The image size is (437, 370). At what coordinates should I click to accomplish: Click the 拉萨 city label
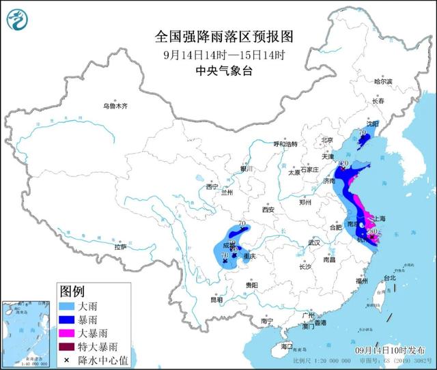tap(120, 247)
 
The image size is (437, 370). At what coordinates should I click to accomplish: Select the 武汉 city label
tap(314, 242)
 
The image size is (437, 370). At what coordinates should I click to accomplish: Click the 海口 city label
tap(277, 347)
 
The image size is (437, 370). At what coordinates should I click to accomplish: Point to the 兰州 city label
tap(227, 193)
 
